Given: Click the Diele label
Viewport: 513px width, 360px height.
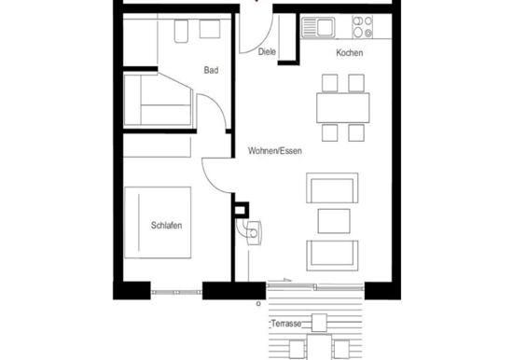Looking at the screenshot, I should (x=267, y=52).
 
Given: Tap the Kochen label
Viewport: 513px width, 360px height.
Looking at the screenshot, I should (x=350, y=53).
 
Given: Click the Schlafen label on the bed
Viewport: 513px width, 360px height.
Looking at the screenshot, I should (x=165, y=225).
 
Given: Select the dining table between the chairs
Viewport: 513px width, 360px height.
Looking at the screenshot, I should (x=340, y=108).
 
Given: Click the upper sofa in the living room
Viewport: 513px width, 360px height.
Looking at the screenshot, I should (x=330, y=190).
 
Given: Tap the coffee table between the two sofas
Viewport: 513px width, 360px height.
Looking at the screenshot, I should (x=331, y=221).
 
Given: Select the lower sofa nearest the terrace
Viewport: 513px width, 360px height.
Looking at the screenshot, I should (x=331, y=253).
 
